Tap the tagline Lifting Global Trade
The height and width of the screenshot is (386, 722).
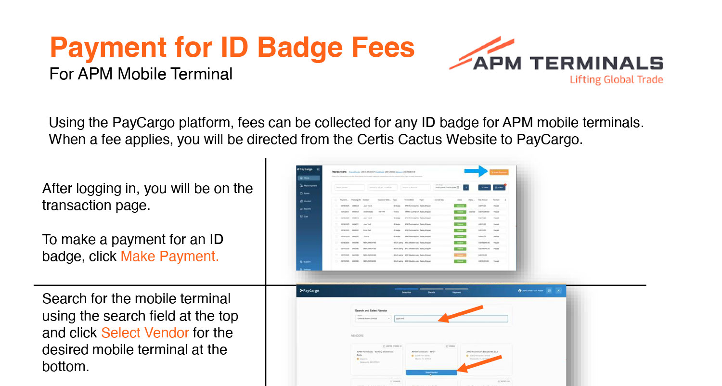(616, 80)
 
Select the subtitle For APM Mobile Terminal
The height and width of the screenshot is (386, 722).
(141, 74)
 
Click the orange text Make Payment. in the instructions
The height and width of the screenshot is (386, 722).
(169, 256)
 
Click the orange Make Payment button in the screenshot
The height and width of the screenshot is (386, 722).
(499, 172)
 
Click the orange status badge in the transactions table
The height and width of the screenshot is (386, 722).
(461, 255)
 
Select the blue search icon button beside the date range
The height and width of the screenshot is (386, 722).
(465, 187)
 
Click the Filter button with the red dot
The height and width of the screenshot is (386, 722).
(499, 187)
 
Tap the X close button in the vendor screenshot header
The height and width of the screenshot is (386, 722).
(558, 291)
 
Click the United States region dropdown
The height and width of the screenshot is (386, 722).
(373, 319)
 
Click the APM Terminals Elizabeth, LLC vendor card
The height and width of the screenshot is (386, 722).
(486, 359)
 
